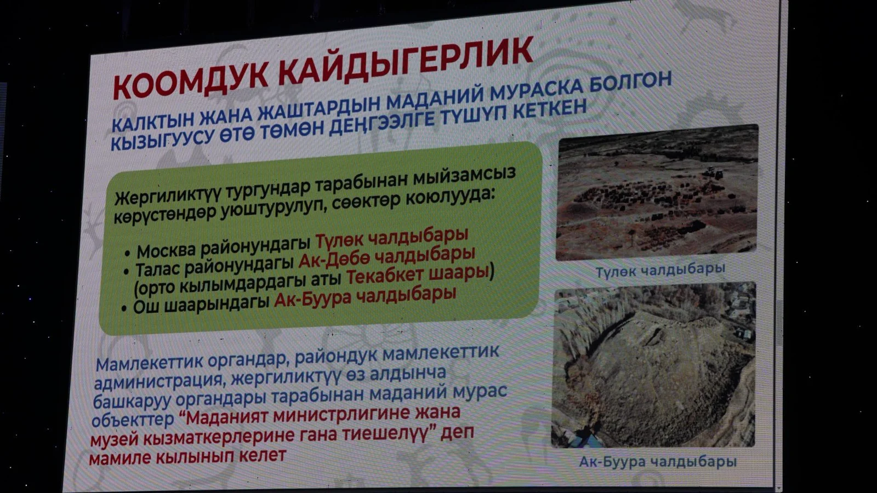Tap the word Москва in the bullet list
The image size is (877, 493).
tap(168, 250)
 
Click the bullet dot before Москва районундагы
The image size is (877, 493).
tap(127, 254)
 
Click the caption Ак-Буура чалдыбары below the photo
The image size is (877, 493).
tap(658, 462)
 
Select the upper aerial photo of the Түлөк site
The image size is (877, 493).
tap(657, 192)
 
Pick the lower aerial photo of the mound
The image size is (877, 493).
tap(653, 365)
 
